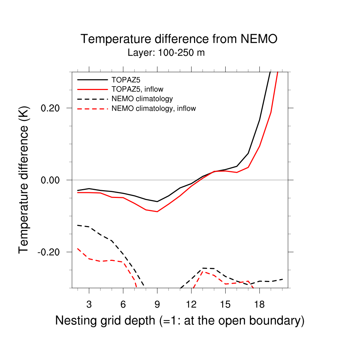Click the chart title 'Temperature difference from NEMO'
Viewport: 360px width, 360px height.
point(179,39)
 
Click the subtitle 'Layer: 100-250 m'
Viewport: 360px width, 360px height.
point(166,53)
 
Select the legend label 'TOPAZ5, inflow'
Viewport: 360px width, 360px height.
point(137,89)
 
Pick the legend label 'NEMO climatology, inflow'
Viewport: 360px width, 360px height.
point(153,109)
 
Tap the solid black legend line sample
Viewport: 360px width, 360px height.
point(92,79)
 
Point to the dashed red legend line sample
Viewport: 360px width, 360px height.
point(92,109)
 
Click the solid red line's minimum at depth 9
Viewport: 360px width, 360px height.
point(157,212)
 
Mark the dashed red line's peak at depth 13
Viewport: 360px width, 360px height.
point(203,272)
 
